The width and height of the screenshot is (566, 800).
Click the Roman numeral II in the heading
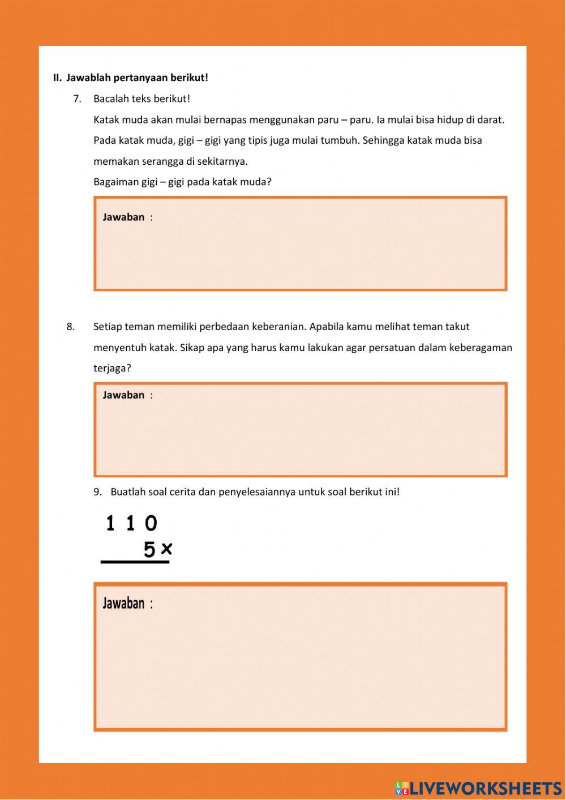(x=57, y=78)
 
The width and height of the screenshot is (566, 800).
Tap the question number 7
(x=77, y=99)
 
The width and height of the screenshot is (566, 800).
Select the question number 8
(x=70, y=327)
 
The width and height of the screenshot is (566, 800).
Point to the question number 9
(x=97, y=492)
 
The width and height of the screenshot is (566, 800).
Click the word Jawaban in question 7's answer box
(x=123, y=217)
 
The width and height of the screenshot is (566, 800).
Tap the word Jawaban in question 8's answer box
(x=123, y=395)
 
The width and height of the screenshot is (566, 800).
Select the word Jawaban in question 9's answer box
(x=123, y=604)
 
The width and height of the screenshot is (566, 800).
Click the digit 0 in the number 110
(x=151, y=523)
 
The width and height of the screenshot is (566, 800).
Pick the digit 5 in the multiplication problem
(x=149, y=550)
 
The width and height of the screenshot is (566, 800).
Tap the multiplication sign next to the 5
(x=166, y=549)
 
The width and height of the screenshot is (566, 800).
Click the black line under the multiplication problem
(x=135, y=562)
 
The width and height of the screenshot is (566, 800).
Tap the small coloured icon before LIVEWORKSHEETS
(x=402, y=788)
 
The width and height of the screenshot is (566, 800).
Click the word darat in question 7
(x=490, y=119)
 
